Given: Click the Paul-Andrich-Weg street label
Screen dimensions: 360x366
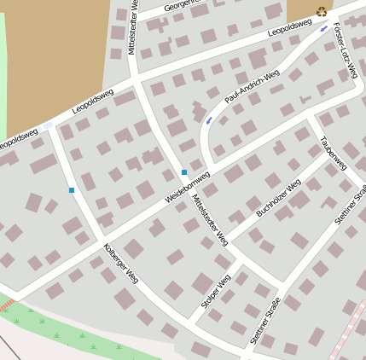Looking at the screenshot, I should click(252, 88).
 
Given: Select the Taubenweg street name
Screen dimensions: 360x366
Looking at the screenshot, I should click(333, 152).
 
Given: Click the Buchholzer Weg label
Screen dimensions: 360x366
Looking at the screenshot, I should click(278, 197).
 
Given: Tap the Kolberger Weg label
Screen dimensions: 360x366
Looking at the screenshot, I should click(120, 264).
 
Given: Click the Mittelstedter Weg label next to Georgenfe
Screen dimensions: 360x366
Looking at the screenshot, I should click(134, 27).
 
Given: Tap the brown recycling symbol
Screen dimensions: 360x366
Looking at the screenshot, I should click(322, 11).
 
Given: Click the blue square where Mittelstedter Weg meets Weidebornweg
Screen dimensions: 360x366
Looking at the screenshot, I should click(184, 172).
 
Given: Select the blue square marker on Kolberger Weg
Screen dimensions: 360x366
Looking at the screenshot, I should click(72, 189).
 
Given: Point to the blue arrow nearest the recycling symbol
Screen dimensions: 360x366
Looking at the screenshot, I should click(323, 29).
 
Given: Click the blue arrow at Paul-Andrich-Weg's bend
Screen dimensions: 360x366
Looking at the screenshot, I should click(209, 120).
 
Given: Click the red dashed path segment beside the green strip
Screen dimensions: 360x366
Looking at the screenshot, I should click(7, 305).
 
